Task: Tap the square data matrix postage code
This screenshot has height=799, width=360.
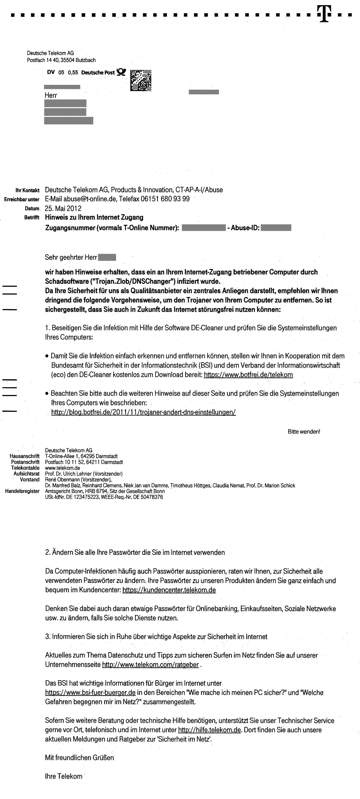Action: (x=141, y=80)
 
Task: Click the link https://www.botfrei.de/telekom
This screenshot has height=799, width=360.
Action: (x=248, y=375)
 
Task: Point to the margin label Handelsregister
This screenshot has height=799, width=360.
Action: (x=22, y=491)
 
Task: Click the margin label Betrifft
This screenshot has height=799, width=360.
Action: (x=32, y=218)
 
